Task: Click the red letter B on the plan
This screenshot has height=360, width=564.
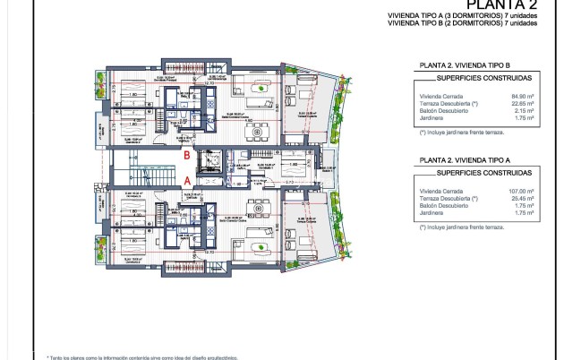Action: [185, 154]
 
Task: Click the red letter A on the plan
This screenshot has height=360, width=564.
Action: [186, 179]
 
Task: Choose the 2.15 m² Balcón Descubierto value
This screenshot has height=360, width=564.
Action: [524, 109]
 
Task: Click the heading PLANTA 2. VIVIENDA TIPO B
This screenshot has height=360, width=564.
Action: [465, 65]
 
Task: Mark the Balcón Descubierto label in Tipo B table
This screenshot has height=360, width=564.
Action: [442, 109]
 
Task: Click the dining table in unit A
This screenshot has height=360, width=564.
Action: [261, 204]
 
